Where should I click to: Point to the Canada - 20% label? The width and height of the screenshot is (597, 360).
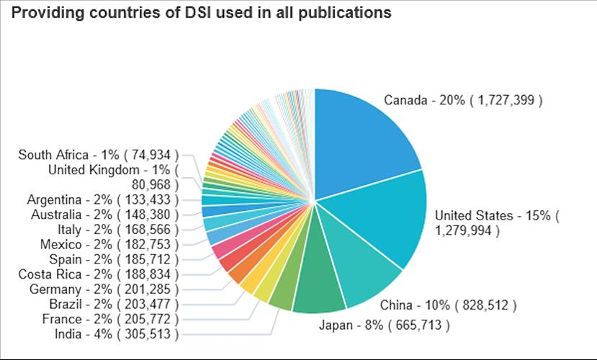pos(463,100)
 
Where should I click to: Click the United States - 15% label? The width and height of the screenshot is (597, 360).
pos(497,222)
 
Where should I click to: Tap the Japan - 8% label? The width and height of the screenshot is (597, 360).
pos(384,325)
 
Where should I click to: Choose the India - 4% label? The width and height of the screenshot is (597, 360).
pos(116,333)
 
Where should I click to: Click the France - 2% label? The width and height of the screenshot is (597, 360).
pos(110,318)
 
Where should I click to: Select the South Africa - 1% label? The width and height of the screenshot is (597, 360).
pos(98,155)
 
